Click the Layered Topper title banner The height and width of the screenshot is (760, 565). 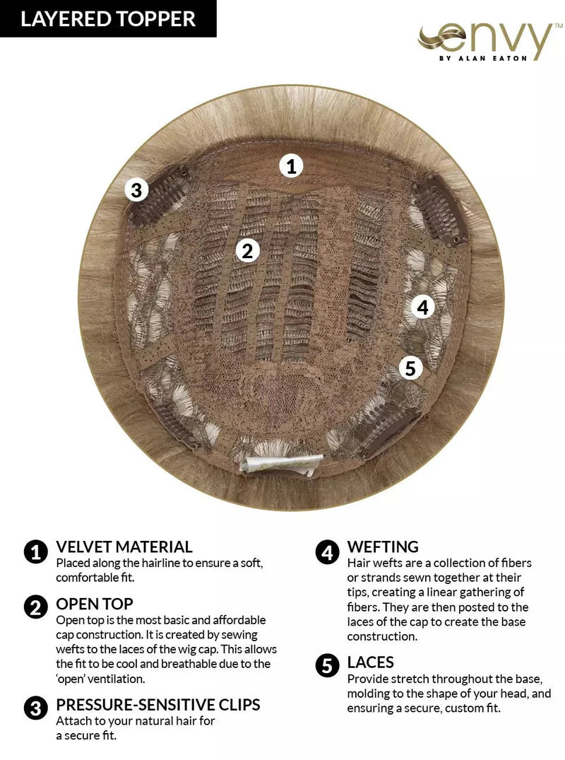pos(108,18)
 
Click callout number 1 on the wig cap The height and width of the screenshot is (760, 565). pos(291,166)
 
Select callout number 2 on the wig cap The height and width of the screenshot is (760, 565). pos(246,250)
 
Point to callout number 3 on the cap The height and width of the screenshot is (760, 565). pos(136,190)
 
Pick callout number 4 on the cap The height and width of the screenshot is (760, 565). pos(422,308)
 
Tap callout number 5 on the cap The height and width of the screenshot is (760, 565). pos(410,368)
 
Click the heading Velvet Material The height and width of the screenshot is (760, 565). pos(124,546)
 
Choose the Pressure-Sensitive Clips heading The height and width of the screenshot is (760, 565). pos(158,705)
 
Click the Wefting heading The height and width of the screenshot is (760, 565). pos(383,546)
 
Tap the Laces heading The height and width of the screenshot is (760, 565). pos(371,662)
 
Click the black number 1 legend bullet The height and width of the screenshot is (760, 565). pos(35,552)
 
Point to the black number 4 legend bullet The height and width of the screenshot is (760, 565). pos(327,552)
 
